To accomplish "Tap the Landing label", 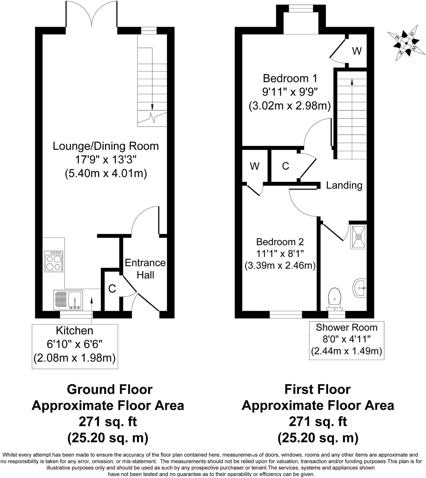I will pyautogui.click(x=344, y=185).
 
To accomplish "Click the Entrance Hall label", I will pyautogui.click(x=145, y=269).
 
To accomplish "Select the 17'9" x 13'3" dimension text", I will pyautogui.click(x=106, y=160).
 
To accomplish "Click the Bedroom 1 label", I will pyautogui.click(x=290, y=78).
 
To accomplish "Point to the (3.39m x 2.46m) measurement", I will pyautogui.click(x=280, y=266).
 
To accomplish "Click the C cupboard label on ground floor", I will pyautogui.click(x=112, y=289).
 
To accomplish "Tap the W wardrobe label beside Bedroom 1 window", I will pyautogui.click(x=357, y=51).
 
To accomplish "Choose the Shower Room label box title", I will pyautogui.click(x=346, y=328).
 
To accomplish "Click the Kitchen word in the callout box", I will pyautogui.click(x=75, y=330).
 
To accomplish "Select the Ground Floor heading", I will pyautogui.click(x=109, y=390).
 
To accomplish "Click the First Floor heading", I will pyautogui.click(x=317, y=390).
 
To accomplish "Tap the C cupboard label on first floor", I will pyautogui.click(x=285, y=166).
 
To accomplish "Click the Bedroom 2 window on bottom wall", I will pyautogui.click(x=285, y=314).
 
